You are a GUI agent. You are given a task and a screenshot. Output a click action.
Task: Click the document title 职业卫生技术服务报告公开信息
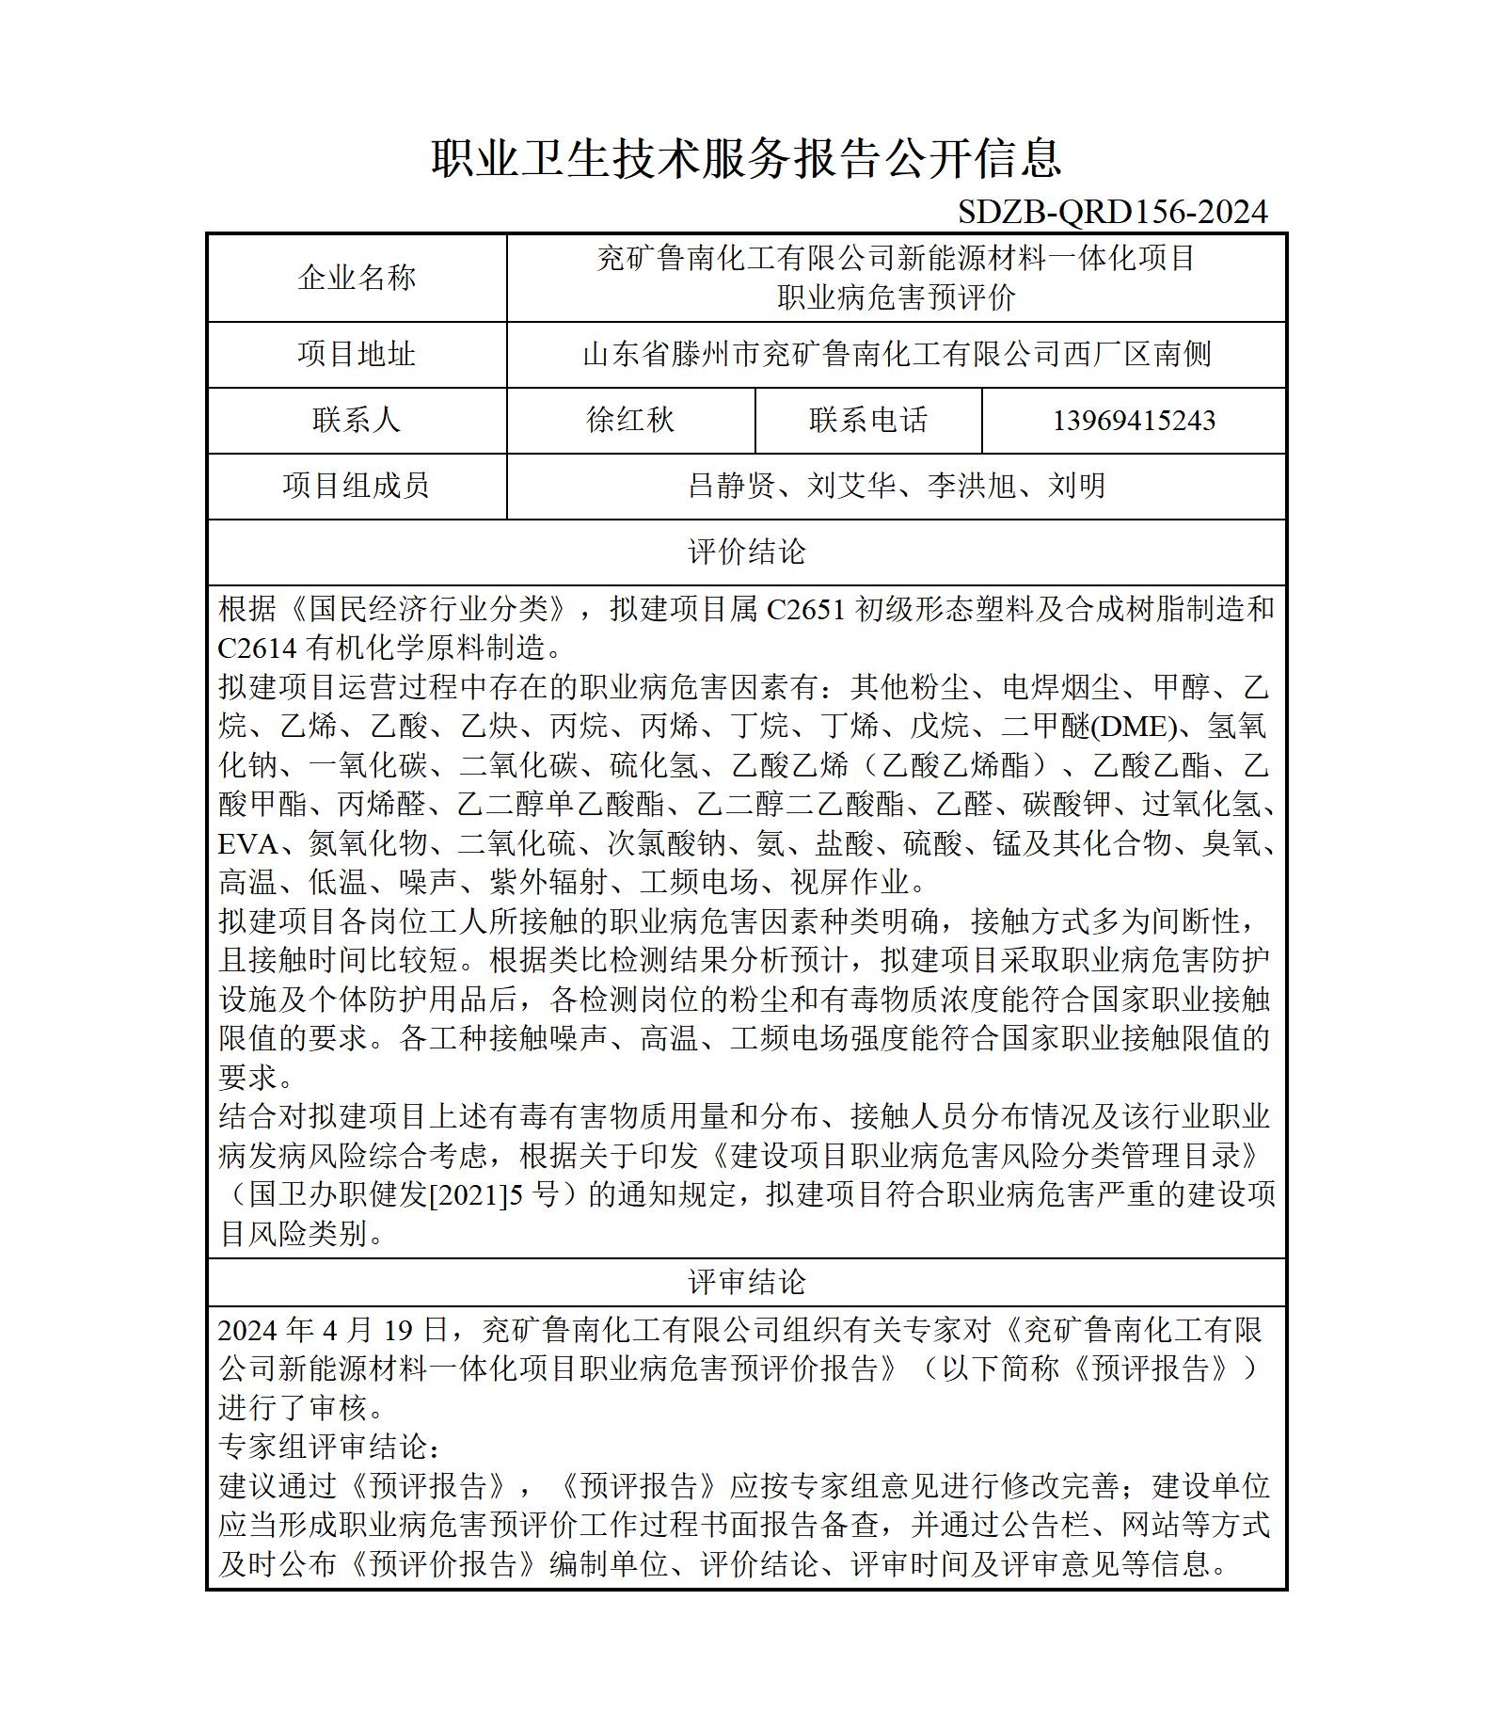747,157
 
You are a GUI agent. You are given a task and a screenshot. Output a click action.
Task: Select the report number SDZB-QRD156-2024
1113,212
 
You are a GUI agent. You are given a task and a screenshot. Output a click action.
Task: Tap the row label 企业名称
357,278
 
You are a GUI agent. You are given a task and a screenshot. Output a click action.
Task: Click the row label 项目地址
357,355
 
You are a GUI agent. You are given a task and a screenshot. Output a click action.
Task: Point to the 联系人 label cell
357,420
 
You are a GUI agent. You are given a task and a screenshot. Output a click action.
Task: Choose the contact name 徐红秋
630,420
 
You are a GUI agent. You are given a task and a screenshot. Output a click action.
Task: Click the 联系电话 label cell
868,420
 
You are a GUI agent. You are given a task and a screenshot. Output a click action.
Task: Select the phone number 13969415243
1134,421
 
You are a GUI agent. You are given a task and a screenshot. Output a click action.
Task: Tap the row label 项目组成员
357,486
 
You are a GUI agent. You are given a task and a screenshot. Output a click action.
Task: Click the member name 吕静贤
732,486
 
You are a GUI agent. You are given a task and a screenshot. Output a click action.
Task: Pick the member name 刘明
1077,486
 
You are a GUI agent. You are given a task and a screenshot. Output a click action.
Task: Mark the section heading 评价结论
747,552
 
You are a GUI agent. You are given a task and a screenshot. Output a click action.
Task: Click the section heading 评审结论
747,1282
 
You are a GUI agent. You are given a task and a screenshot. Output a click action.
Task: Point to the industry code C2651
806,610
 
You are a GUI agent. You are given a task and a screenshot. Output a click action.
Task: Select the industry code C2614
257,648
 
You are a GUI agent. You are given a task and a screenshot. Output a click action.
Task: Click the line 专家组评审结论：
329,1447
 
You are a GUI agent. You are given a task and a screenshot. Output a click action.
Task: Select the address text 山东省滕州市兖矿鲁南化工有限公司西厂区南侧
897,355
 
